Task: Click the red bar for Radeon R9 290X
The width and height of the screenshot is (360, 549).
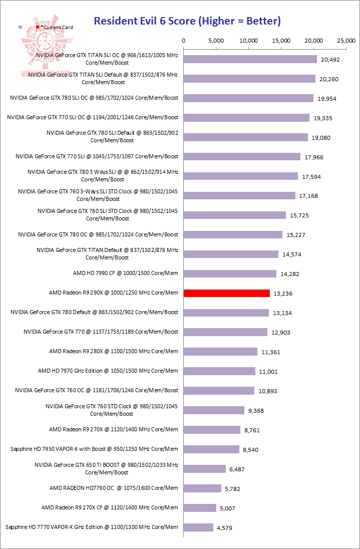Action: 227,293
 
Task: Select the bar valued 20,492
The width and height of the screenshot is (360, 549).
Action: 250,59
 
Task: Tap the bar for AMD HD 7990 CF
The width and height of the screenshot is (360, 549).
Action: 230,273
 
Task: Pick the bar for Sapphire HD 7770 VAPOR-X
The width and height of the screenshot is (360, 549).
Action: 198,527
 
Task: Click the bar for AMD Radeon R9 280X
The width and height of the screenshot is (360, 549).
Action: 220,352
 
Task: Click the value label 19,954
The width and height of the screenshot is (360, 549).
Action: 327,99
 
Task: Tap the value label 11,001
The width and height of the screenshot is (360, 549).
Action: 268,372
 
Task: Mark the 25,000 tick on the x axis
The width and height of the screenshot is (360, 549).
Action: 346,41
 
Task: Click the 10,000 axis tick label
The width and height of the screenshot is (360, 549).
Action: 249,41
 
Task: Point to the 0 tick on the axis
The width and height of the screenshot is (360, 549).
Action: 184,41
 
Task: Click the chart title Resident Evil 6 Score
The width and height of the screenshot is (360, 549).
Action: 187,21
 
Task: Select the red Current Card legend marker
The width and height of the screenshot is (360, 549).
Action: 37,27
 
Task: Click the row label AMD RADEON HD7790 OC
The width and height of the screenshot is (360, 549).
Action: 114,488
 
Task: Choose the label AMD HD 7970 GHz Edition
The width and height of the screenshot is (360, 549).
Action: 108,371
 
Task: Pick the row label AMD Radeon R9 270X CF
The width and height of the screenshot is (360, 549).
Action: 110,507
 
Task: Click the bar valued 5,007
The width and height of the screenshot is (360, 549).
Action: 200,507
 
